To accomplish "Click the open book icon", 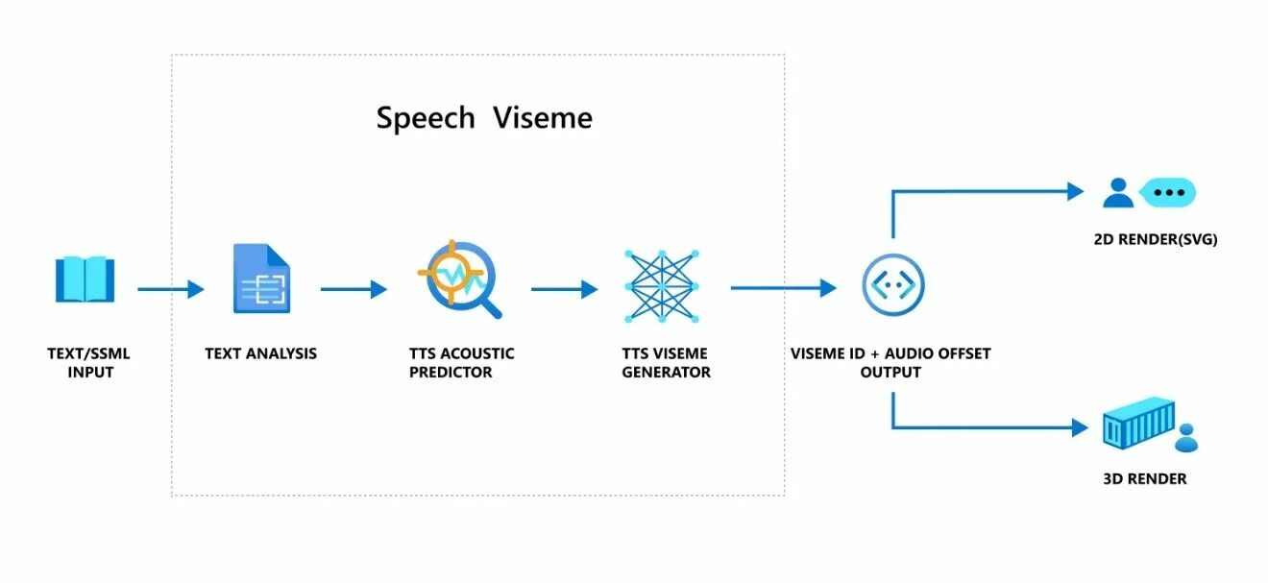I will (x=85, y=279).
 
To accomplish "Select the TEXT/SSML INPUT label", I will (x=88, y=362).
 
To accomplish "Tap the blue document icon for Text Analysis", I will (x=261, y=279).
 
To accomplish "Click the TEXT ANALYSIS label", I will (x=260, y=353).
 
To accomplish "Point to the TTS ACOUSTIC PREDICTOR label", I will (x=461, y=362).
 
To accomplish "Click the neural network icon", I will (x=660, y=285).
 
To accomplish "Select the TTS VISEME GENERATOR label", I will (x=666, y=362).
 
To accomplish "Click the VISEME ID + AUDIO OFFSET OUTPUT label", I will (x=890, y=362).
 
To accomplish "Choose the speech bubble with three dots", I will (x=1168, y=192).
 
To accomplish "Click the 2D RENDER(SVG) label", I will (x=1156, y=239).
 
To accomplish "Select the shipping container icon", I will (x=1138, y=428).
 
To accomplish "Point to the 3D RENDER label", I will (x=1145, y=478).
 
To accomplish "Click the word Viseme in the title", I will (x=543, y=118).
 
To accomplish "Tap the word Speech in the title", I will (x=426, y=118).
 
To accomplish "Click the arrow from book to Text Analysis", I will (x=171, y=288).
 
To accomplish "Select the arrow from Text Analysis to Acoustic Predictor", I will (x=354, y=288).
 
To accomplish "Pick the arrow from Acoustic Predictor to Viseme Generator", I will (x=564, y=288).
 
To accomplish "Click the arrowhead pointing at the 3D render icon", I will (x=1080, y=427).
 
